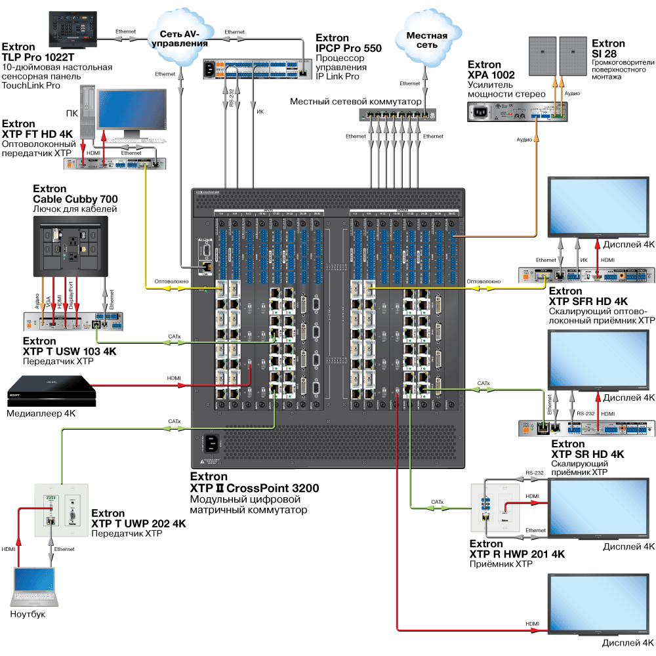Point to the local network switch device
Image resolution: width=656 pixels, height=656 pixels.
click(396, 115)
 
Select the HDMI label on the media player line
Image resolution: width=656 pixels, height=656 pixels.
click(174, 378)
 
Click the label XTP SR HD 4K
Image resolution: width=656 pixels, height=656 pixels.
click(587, 454)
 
